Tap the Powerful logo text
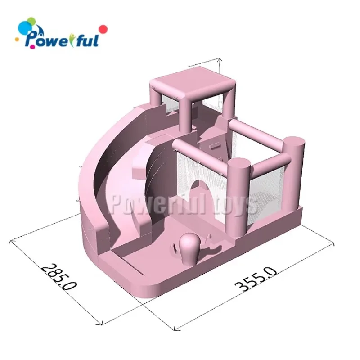62,40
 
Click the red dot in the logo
103,29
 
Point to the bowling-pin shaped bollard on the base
189,249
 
